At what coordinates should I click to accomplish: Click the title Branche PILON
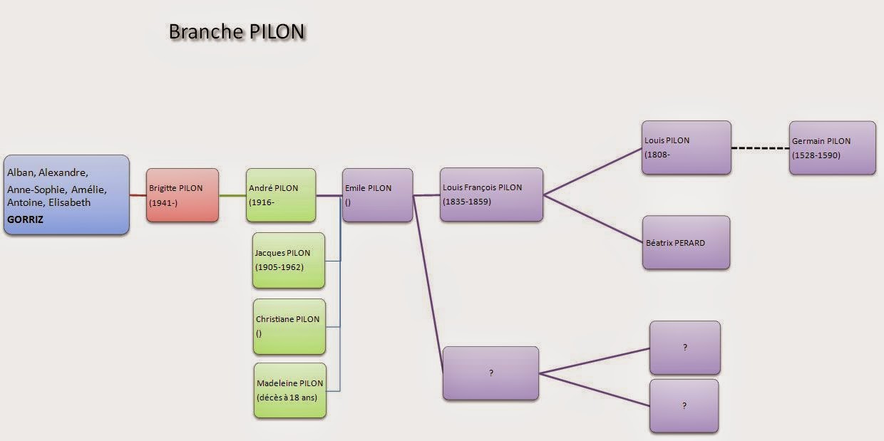(237, 31)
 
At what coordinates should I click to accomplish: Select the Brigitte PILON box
(183, 195)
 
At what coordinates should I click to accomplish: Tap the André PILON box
(281, 195)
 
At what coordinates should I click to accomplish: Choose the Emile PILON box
(378, 195)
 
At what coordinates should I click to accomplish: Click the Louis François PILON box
(491, 194)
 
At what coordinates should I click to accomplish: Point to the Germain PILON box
(832, 148)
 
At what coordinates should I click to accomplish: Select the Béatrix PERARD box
(687, 243)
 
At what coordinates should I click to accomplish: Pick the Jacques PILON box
(289, 260)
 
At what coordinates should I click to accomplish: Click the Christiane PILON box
(289, 326)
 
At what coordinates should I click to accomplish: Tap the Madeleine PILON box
(290, 390)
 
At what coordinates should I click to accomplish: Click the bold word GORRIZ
(25, 219)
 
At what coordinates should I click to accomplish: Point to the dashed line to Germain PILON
(760, 148)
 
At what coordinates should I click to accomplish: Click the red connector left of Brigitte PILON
(138, 195)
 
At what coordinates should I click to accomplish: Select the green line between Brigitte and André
(232, 195)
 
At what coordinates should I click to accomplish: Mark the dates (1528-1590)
(816, 155)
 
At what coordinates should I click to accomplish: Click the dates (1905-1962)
(279, 267)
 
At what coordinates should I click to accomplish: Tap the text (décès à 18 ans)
(287, 398)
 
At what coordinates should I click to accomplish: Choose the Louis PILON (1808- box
(687, 147)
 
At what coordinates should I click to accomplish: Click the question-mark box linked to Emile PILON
(490, 373)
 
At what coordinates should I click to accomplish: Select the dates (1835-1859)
(467, 202)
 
